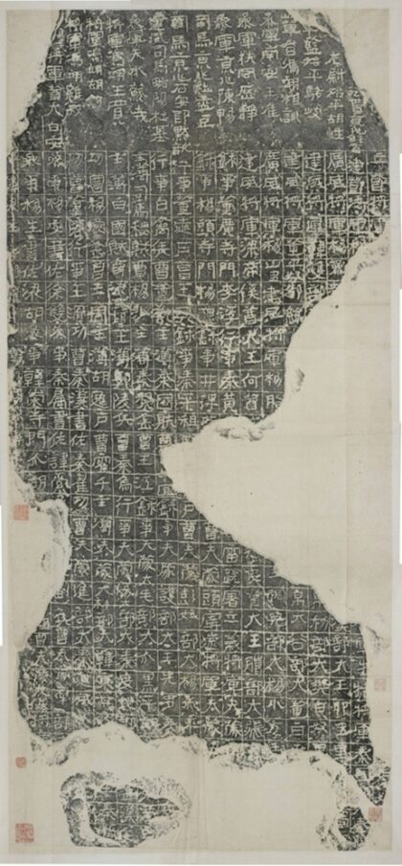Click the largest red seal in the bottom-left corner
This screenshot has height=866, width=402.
pyautogui.click(x=21, y=831)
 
